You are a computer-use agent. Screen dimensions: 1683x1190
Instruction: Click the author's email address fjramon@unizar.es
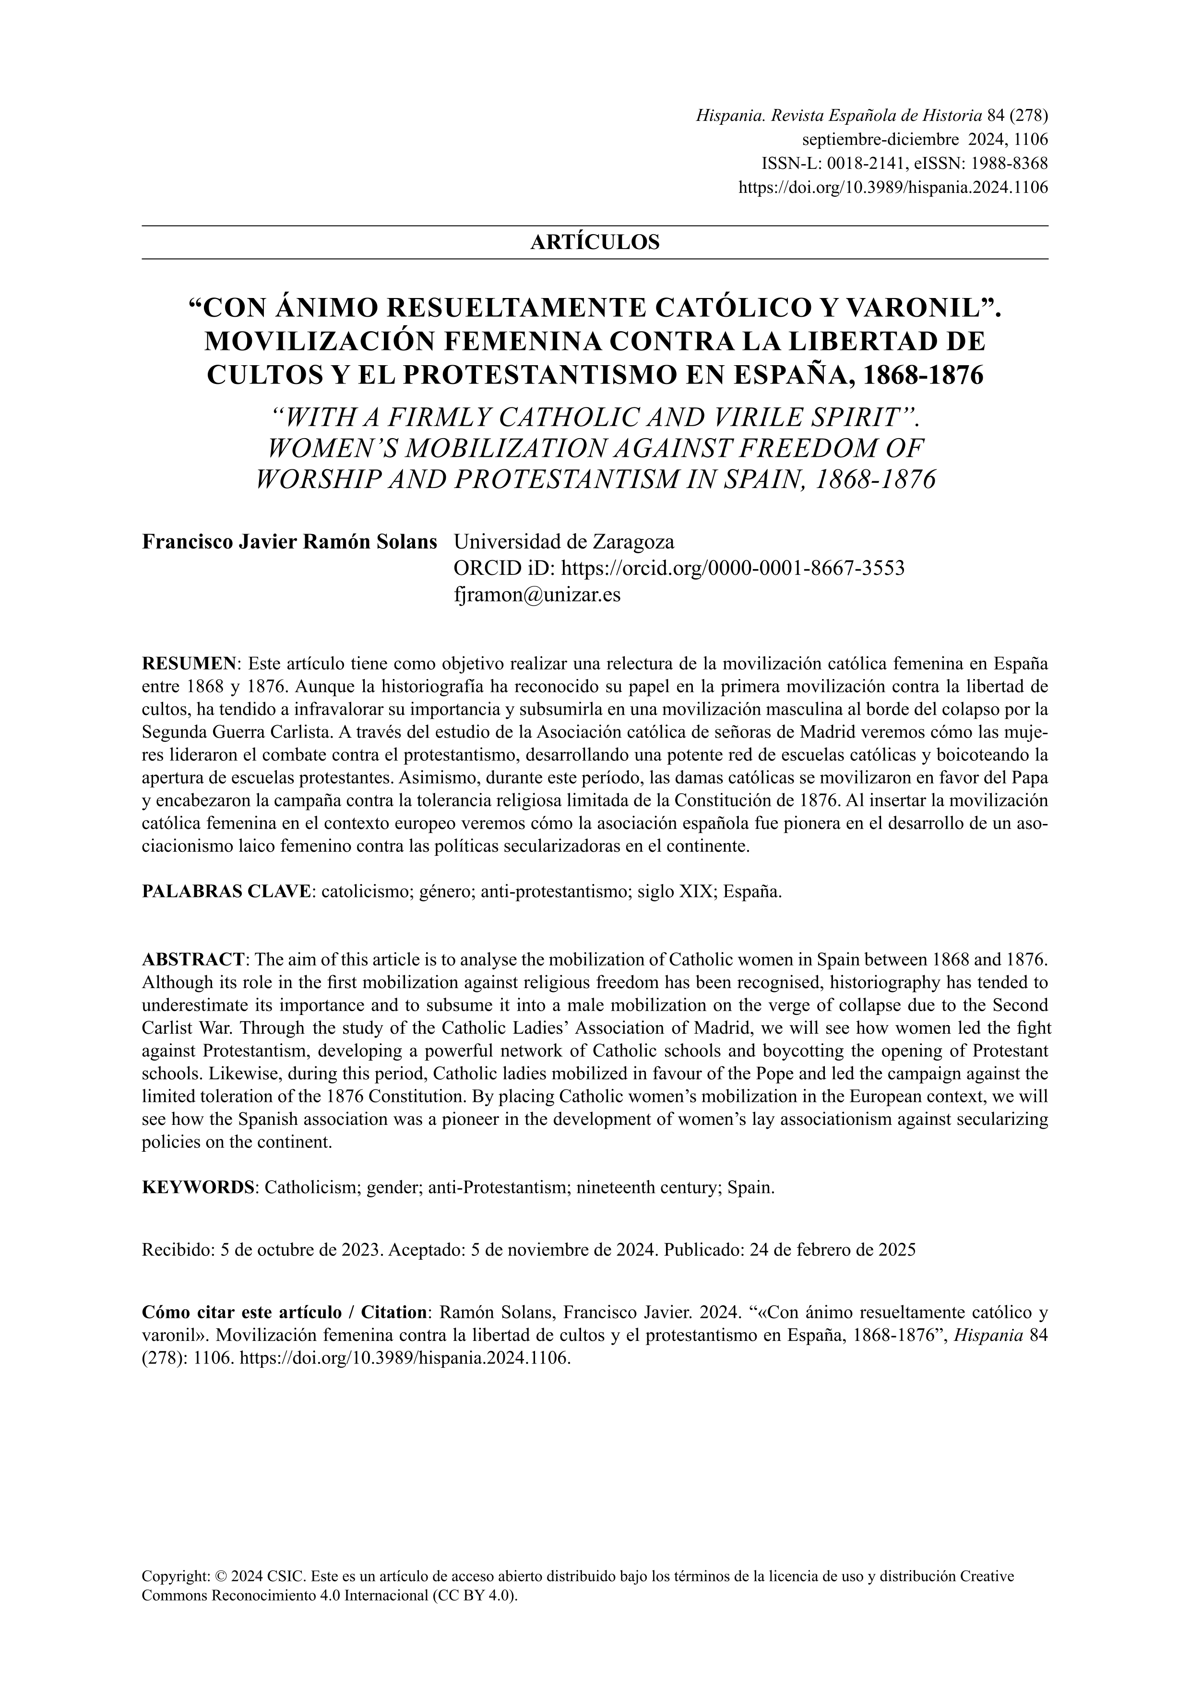[537, 595]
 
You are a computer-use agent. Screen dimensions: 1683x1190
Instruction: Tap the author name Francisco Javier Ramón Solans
[289, 542]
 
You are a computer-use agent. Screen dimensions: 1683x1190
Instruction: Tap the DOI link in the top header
[892, 187]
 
